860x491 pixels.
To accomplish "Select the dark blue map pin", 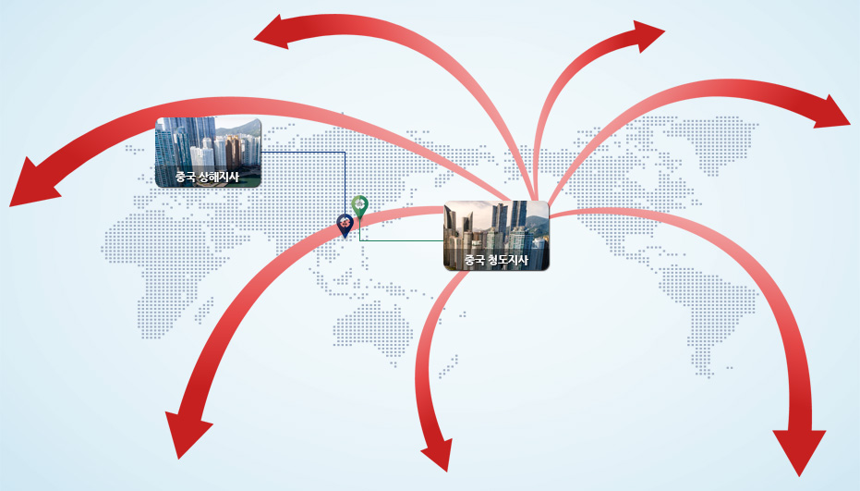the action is (345, 226).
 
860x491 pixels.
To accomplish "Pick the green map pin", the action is (359, 207).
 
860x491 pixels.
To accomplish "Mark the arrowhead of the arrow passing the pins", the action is (187, 434).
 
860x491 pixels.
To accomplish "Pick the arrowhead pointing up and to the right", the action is (648, 36).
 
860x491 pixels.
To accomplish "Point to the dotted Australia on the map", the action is (372, 329).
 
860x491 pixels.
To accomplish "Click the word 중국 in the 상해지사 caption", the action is (186, 177).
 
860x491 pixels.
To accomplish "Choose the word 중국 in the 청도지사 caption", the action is (475, 260).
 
